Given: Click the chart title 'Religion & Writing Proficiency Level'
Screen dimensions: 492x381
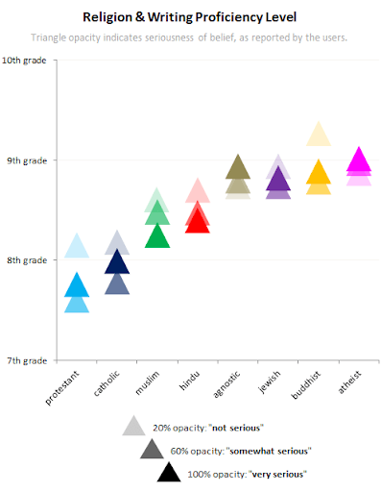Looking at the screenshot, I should [190, 15].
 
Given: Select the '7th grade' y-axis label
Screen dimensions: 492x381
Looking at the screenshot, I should [28, 360].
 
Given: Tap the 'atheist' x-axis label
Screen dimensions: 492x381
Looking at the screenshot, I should [350, 386].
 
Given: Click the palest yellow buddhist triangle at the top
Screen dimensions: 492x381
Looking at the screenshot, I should [318, 135].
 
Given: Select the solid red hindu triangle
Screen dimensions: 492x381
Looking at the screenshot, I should [197, 223].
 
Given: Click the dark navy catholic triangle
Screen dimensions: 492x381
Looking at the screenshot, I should [117, 262].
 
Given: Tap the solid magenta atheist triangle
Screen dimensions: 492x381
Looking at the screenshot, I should [358, 160].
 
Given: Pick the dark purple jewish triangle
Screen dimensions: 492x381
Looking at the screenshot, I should [277, 181].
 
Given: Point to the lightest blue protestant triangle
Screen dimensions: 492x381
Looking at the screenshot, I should [77, 247].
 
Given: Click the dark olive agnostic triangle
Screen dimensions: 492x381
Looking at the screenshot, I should [237, 169].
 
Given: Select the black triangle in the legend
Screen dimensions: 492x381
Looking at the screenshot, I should [169, 472].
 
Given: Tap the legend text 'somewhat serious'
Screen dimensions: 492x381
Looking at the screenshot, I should [272, 451].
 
